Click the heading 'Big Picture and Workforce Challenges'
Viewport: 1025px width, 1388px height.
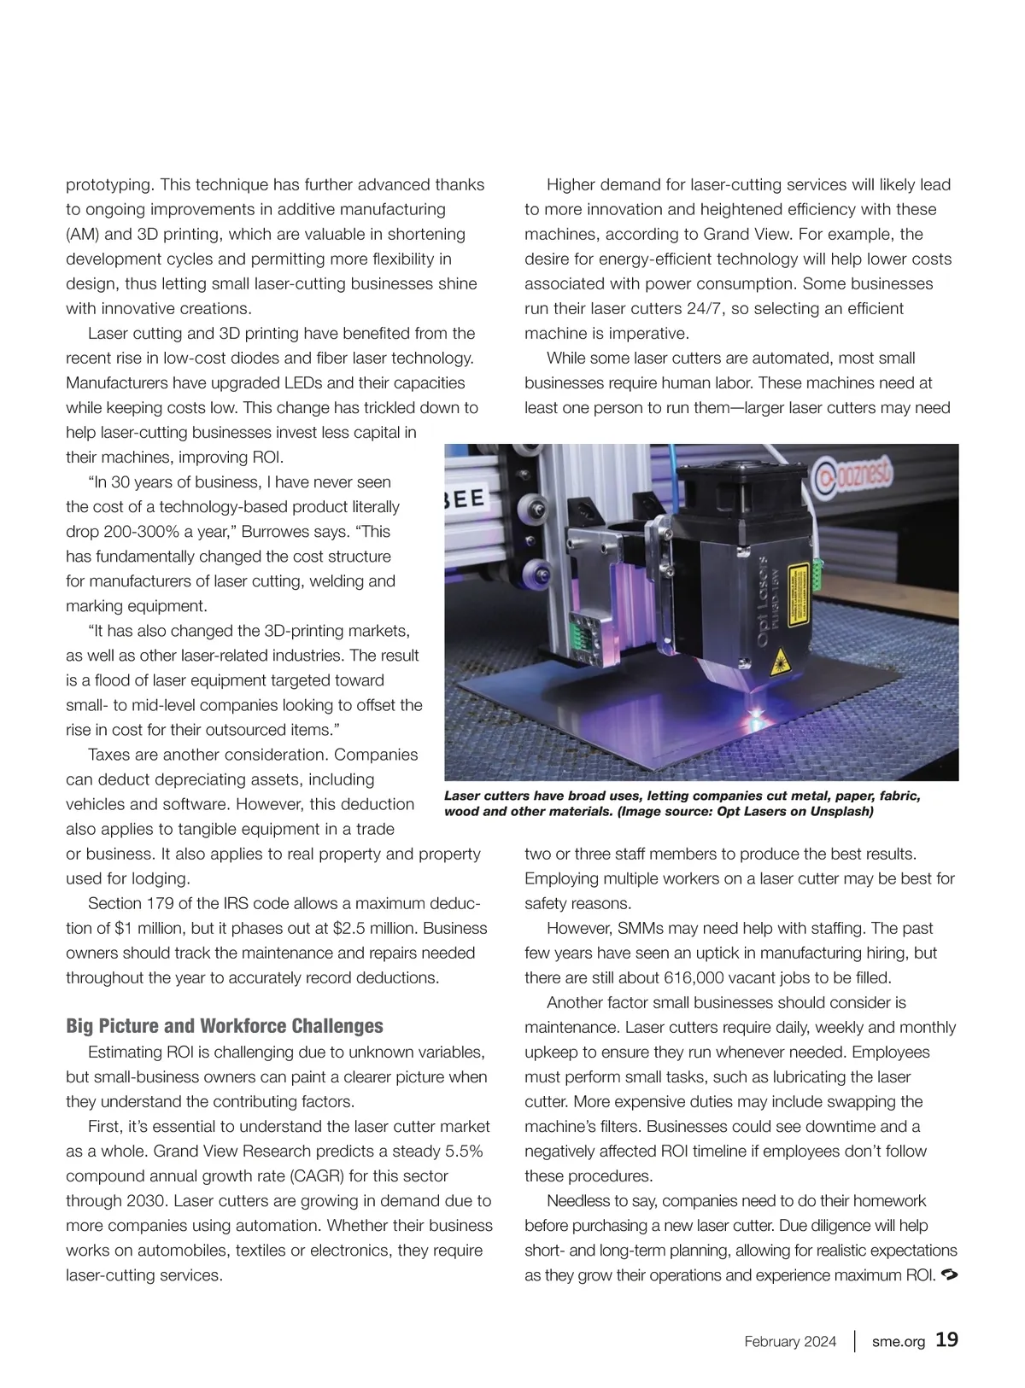pos(225,1026)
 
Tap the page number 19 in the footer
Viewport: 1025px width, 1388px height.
pos(946,1340)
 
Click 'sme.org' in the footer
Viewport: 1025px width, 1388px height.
pos(899,1342)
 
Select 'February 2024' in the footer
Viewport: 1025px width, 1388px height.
pos(790,1342)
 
